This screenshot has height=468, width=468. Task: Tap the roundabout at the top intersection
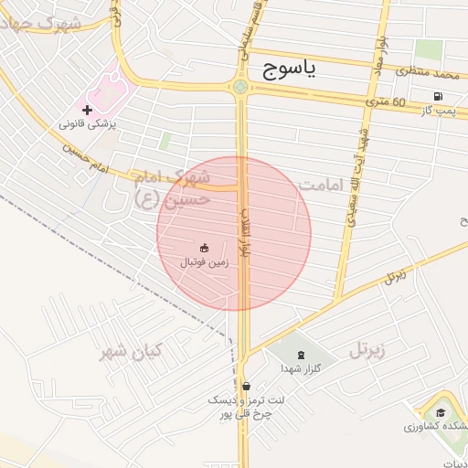click(239, 88)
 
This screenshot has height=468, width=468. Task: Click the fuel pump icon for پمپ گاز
click(440, 96)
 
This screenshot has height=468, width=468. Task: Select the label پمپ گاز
click(439, 110)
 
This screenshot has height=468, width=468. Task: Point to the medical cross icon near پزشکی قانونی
click(88, 110)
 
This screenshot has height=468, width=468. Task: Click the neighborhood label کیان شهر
click(131, 351)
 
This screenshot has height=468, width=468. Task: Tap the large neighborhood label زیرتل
click(367, 349)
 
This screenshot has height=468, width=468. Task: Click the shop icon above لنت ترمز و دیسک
click(246, 385)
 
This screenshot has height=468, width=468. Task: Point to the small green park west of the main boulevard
click(165, 142)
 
